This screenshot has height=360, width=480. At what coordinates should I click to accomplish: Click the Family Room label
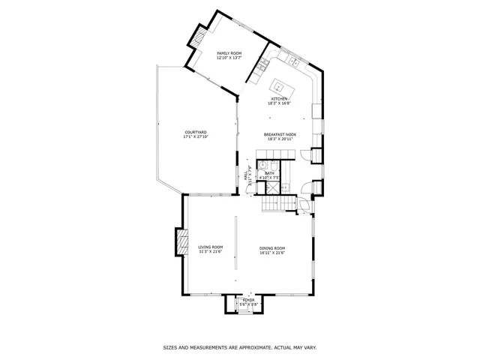[229, 53]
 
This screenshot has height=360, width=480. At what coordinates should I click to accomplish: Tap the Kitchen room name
[280, 99]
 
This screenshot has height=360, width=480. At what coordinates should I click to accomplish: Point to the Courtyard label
[195, 133]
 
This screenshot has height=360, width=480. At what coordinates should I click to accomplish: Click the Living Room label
[211, 247]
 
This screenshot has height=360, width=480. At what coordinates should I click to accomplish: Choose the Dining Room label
[272, 247]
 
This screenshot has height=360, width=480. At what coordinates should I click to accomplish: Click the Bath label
[270, 173]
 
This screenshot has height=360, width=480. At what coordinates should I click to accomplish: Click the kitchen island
[283, 86]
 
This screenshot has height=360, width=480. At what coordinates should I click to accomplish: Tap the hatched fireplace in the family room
[198, 37]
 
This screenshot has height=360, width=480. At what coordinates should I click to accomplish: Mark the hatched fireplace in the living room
[181, 242]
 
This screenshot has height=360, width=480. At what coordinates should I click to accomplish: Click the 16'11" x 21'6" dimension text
[272, 252]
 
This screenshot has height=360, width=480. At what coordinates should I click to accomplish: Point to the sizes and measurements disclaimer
[239, 347]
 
